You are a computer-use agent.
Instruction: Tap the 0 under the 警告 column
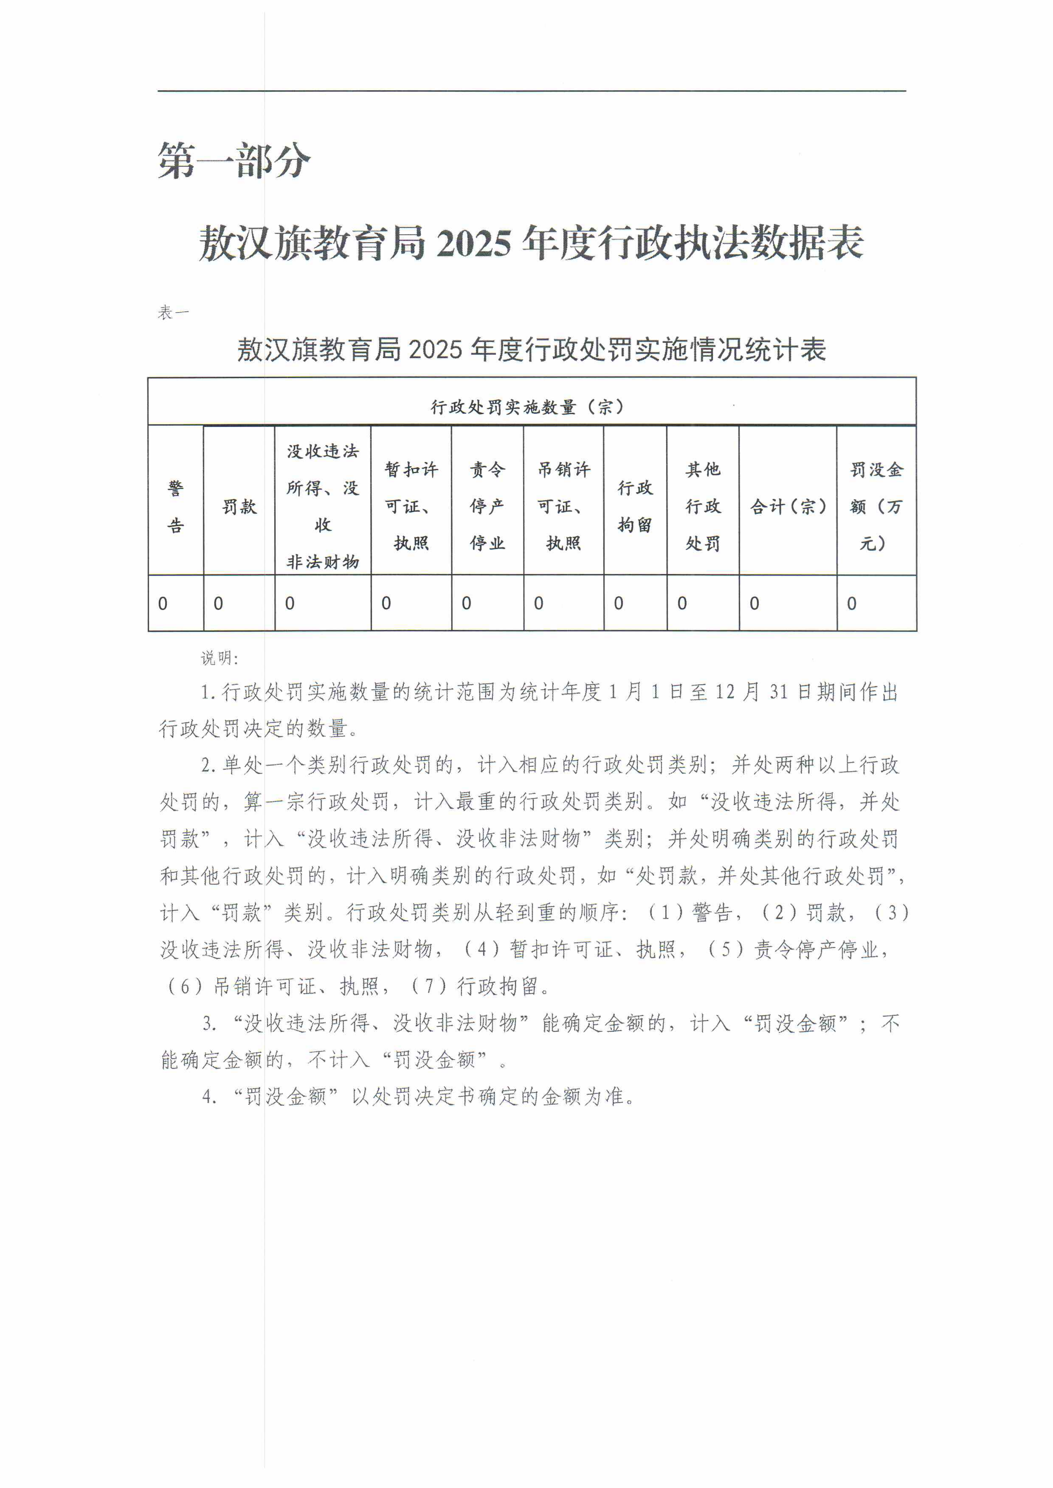[x=163, y=603]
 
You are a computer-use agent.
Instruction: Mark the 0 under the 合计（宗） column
[x=754, y=603]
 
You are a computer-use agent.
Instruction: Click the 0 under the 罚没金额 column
[x=851, y=603]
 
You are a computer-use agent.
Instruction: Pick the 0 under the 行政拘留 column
[x=619, y=603]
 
